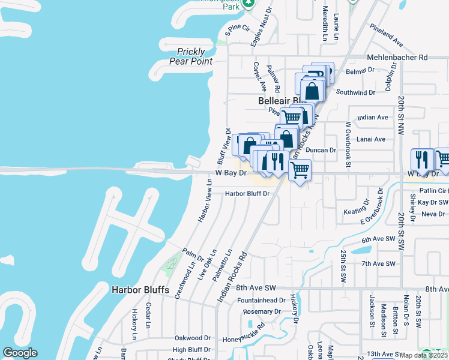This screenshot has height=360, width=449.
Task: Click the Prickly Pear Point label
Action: tap(191, 56)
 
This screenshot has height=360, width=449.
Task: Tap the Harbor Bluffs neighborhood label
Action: tap(140, 290)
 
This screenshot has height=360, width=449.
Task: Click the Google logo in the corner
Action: tap(20, 353)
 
